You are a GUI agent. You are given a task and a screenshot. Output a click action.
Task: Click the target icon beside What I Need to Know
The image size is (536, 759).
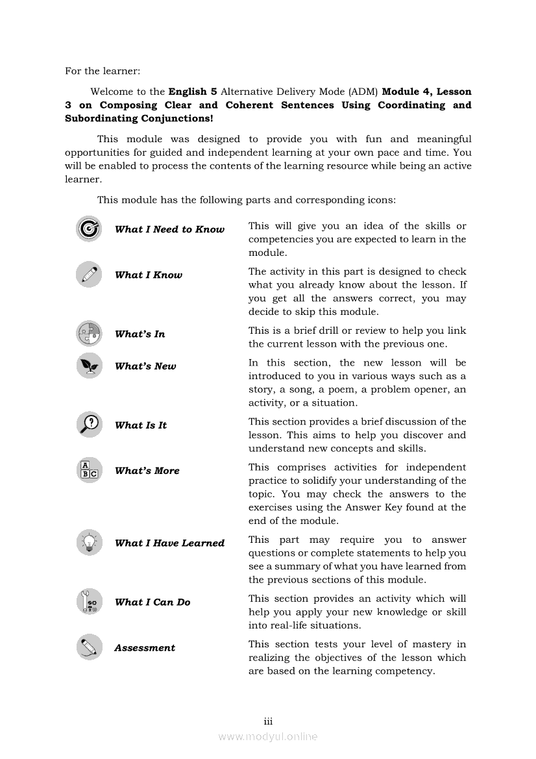[89, 229]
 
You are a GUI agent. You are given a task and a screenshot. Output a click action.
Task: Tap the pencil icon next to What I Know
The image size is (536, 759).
[89, 275]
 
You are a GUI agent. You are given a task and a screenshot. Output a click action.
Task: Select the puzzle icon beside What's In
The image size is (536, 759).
[89, 334]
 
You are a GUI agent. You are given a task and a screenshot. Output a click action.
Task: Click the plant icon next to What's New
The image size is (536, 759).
[89, 366]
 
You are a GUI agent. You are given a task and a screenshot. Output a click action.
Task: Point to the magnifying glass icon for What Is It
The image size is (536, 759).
[89, 425]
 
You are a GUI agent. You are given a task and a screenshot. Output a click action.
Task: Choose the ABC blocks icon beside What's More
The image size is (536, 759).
[89, 470]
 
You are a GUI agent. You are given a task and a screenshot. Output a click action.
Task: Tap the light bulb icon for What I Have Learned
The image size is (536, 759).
[89, 543]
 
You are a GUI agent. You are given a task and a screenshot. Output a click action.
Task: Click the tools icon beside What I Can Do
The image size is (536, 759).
[89, 602]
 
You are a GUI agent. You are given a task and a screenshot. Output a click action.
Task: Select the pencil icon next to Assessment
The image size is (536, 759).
[89, 647]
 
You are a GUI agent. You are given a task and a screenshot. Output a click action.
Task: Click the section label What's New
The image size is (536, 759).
[145, 366]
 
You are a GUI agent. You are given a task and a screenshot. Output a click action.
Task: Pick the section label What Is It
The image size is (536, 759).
[141, 425]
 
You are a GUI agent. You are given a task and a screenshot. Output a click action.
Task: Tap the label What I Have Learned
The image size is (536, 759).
[169, 543]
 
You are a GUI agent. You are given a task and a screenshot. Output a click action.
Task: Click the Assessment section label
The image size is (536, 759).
[145, 648]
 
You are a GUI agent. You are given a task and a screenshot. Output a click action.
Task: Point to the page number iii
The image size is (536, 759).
[268, 721]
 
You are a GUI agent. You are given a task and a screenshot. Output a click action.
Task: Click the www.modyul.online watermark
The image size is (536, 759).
[268, 737]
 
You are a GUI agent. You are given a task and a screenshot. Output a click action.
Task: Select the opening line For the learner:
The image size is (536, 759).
[103, 71]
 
